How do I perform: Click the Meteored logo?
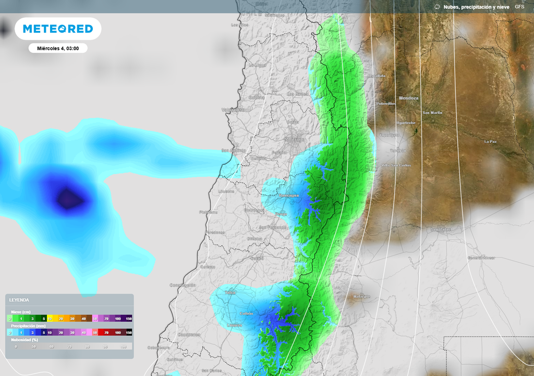pyautogui.click(x=58, y=29)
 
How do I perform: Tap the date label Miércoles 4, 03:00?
pyautogui.click(x=58, y=49)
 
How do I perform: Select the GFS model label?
pyautogui.click(x=519, y=7)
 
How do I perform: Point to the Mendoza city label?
pyautogui.click(x=409, y=98)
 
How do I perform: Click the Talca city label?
pyautogui.click(x=230, y=292)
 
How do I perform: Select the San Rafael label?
pyautogui.click(x=441, y=230)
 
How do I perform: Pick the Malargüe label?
pyautogui.click(x=361, y=297)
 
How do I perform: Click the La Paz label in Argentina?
pyautogui.click(x=490, y=142)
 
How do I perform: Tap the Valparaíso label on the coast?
pyautogui.click(x=233, y=110)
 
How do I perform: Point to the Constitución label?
pyautogui.click(x=183, y=286)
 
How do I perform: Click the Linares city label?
pyautogui.click(x=235, y=325)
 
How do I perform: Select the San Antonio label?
pyautogui.click(x=233, y=151)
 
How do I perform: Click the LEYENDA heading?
pyautogui.click(x=19, y=300)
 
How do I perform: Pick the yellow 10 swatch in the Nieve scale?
pyautogui.click(x=51, y=318)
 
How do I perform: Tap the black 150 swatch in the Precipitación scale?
pyautogui.click(x=128, y=332)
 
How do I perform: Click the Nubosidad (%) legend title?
pyautogui.click(x=25, y=339)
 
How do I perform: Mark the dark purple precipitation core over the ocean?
pyautogui.click(x=67, y=199)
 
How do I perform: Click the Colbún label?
pyautogui.click(x=246, y=313)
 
